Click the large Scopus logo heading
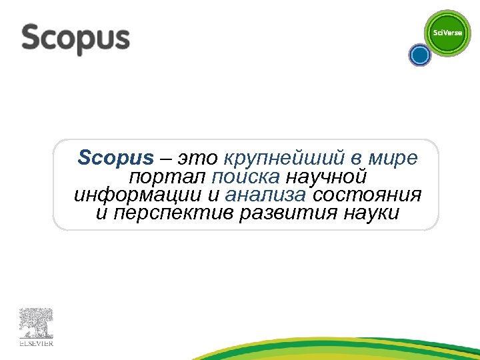point(75,39)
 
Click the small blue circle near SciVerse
point(419,55)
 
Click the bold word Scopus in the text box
point(115,159)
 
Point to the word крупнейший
point(285,159)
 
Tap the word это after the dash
point(198,159)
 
